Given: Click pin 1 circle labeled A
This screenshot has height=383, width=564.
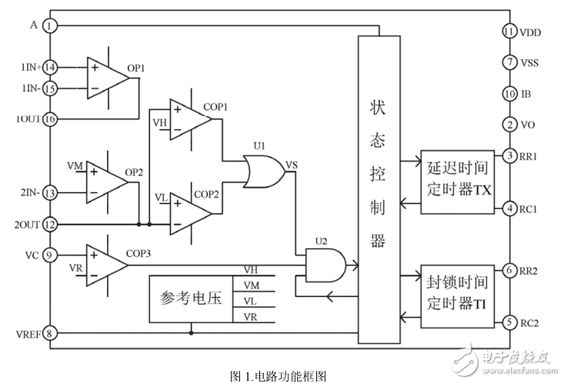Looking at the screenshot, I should [50, 26].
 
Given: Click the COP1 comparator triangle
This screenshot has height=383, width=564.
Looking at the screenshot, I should [188, 116].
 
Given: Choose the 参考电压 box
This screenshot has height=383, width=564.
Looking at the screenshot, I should [190, 298].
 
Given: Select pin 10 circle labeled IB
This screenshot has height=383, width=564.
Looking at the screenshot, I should [509, 93].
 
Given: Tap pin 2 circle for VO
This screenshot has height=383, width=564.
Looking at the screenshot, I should [509, 124].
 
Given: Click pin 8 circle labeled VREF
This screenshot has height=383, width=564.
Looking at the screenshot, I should [50, 333].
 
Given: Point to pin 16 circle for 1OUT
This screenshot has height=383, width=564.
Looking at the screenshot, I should [50, 119].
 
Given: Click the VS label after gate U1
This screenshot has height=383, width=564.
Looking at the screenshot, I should [292, 164].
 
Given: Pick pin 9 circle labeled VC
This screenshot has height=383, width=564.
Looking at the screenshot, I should [50, 255].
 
